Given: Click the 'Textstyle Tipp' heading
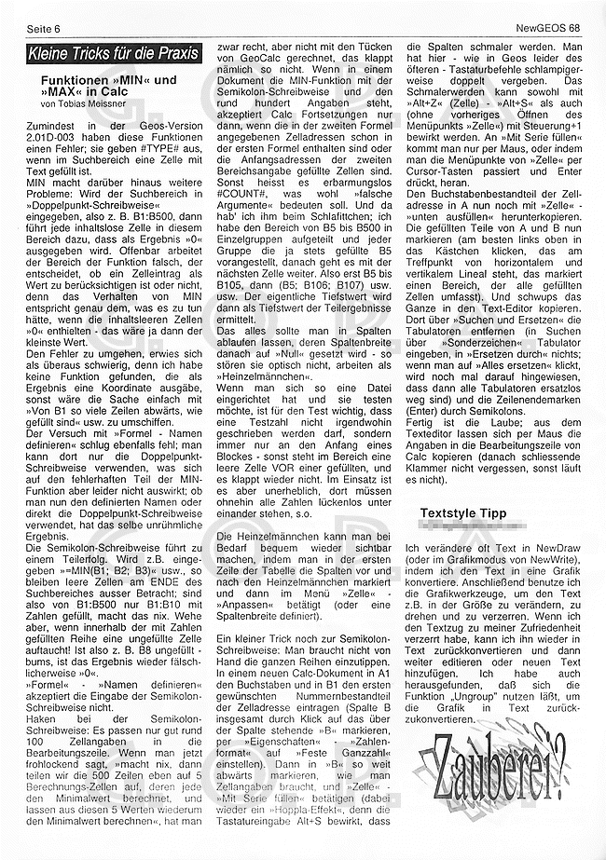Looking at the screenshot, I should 462,512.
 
